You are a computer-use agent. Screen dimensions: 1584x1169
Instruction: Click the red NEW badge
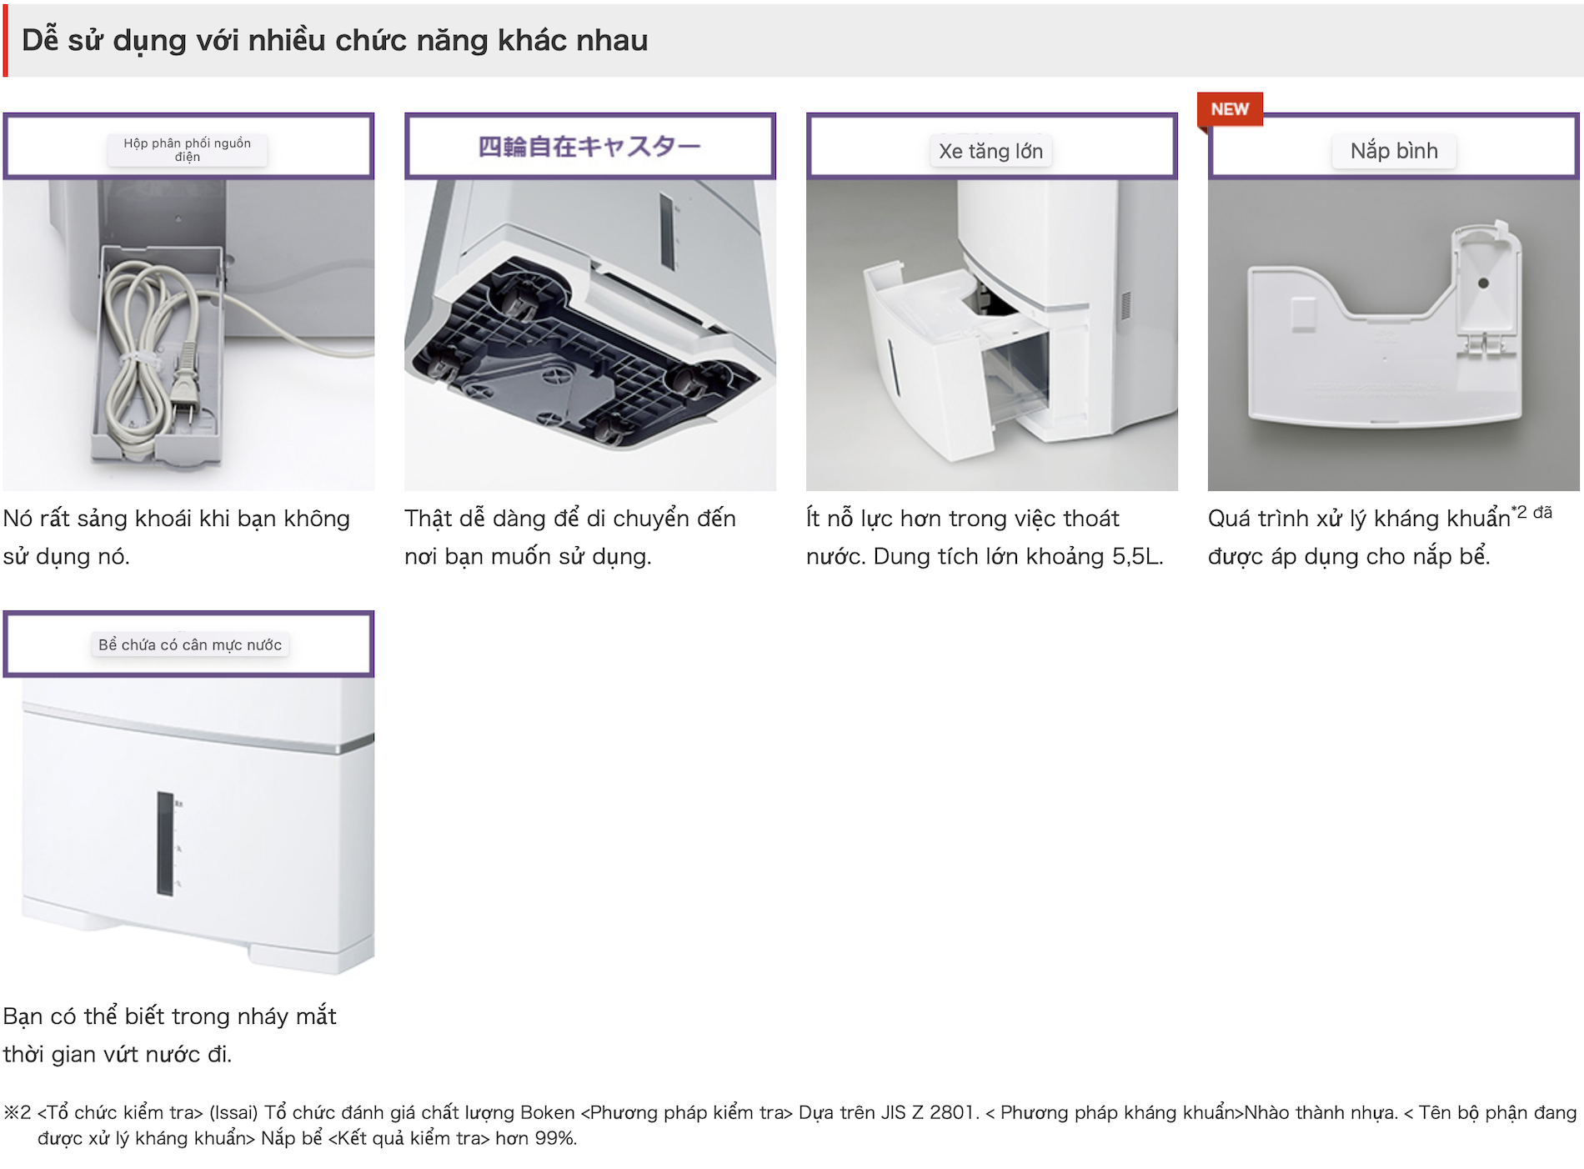1230,110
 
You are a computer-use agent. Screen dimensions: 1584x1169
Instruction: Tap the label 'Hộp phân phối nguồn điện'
188,150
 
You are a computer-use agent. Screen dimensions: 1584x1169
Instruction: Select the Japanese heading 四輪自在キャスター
589,147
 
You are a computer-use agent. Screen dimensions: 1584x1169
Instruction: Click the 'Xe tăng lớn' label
990,151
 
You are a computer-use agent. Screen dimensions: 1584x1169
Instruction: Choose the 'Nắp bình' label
1394,151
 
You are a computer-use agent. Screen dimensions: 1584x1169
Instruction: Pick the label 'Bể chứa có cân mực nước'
190,645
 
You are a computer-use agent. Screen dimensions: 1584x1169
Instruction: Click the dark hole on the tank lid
1483,283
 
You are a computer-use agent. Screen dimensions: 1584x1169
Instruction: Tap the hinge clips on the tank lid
1485,345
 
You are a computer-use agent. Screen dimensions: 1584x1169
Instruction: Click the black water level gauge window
165,844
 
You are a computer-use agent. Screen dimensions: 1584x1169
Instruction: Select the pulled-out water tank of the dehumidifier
955,359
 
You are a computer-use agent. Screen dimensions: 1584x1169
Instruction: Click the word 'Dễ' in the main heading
40,40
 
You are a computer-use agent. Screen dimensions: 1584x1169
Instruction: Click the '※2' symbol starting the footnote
18,1112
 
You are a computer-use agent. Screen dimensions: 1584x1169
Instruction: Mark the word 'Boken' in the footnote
547,1112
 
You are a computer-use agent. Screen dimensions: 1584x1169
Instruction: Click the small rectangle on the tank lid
1303,314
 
